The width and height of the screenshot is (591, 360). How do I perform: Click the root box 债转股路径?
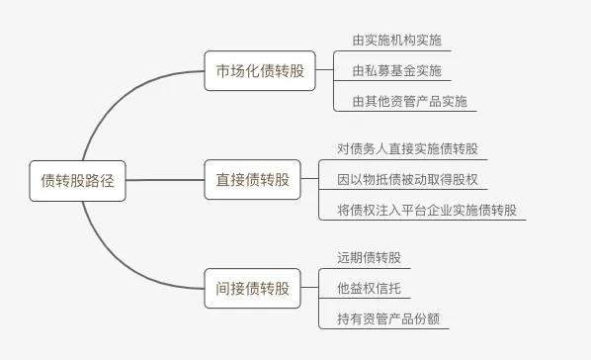coord(77,181)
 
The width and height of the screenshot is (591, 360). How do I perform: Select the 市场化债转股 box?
coord(260,70)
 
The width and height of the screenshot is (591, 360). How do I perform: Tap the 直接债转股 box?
coord(253,180)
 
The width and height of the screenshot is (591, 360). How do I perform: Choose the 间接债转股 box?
coord(253,289)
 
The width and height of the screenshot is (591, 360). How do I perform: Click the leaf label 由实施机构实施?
coord(397,40)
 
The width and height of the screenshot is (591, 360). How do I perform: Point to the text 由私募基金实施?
coord(397,70)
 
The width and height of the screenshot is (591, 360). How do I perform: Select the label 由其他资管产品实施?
coord(410,101)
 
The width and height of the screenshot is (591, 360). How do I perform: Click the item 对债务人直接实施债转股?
coord(407,148)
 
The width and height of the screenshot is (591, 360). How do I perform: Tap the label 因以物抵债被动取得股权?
coord(407,179)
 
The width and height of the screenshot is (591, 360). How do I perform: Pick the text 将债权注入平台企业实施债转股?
coord(427,210)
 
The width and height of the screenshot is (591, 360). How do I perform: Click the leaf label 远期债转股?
coord(369,258)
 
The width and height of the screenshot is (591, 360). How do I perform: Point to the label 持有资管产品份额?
coord(388,318)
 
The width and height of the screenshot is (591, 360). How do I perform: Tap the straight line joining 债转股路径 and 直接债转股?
coord(165,180)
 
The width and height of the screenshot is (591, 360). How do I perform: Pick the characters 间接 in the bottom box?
coord(230,289)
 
